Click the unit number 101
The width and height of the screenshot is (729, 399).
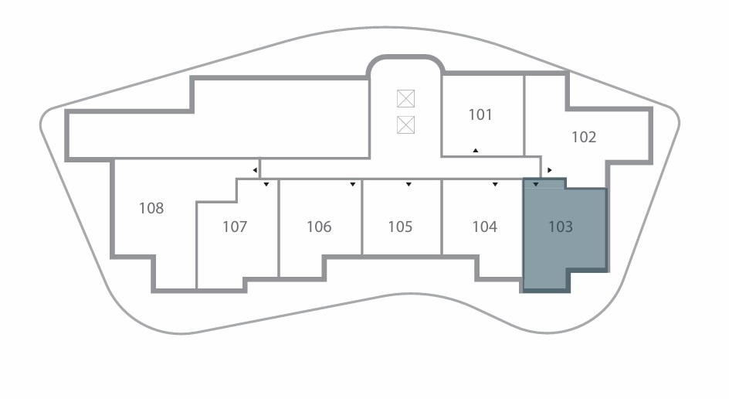click(480, 115)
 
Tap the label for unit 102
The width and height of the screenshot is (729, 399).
click(584, 138)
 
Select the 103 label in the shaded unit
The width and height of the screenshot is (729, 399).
click(561, 227)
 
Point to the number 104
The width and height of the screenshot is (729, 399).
click(484, 227)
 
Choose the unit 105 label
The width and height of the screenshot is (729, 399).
click(400, 227)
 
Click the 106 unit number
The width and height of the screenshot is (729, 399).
click(319, 227)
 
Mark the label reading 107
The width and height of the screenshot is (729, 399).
click(235, 227)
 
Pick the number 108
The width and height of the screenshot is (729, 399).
click(151, 208)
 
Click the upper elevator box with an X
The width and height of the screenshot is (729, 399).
click(406, 98)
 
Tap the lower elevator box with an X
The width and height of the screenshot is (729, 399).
click(406, 124)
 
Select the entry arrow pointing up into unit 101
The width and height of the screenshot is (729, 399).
click(476, 150)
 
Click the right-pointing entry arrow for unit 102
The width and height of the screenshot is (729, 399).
click(550, 169)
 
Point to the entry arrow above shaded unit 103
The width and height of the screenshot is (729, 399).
click(536, 185)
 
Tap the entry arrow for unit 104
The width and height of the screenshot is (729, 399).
click(495, 185)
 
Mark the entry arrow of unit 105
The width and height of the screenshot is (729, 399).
click(409, 185)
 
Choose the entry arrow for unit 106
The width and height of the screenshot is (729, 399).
click(353, 185)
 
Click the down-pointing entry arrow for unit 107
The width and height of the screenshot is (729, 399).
click(266, 185)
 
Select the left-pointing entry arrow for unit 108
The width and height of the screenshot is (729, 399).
click(255, 169)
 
